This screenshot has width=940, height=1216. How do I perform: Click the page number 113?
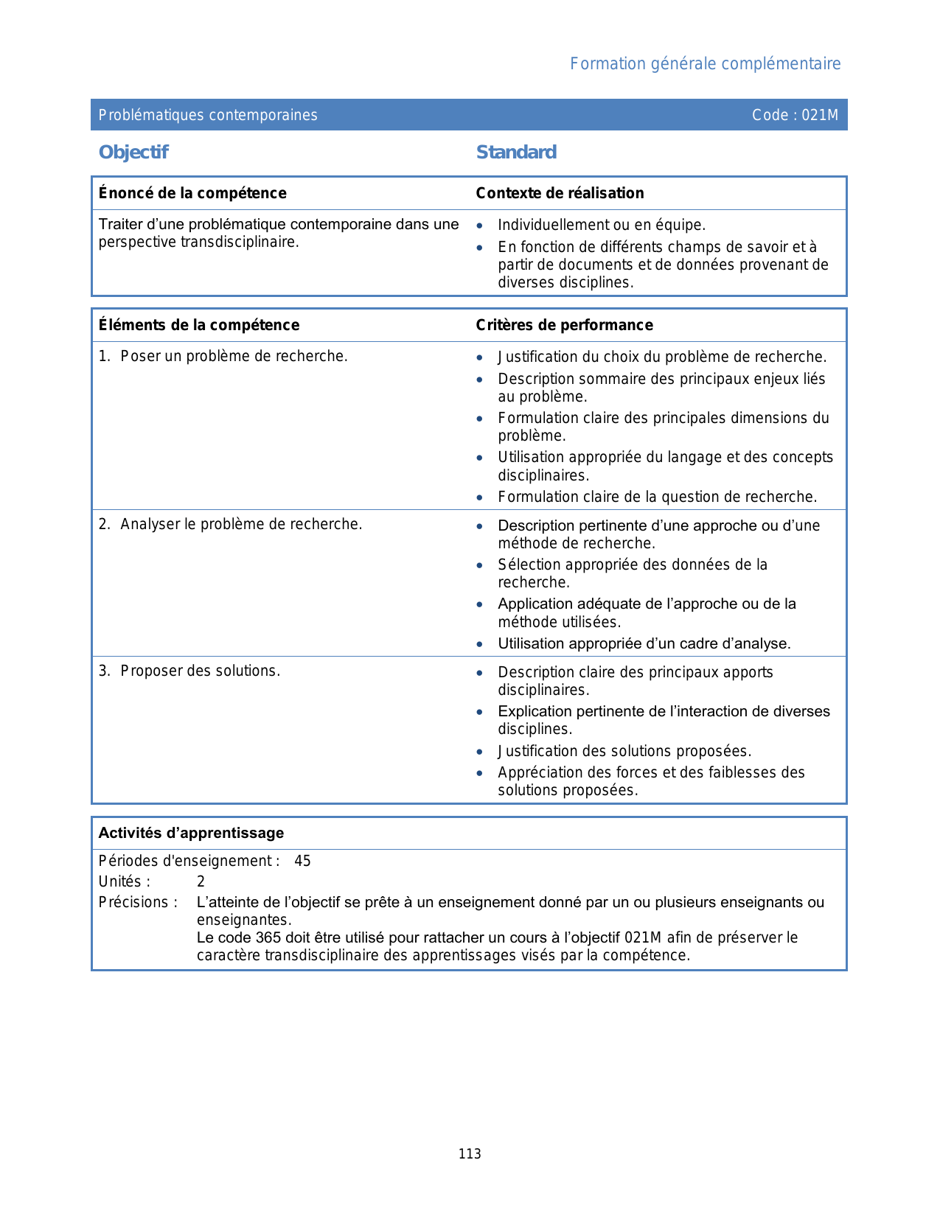[x=470, y=1154]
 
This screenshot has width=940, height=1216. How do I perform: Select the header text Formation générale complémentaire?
[x=705, y=64]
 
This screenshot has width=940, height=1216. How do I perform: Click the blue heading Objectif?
[x=133, y=153]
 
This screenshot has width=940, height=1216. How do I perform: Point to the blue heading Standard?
[x=516, y=153]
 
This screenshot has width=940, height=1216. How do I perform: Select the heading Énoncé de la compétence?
[x=192, y=193]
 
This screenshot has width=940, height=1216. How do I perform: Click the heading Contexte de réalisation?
[x=560, y=193]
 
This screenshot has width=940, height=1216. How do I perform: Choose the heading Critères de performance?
[x=564, y=325]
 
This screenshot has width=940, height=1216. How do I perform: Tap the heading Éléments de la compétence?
[x=199, y=325]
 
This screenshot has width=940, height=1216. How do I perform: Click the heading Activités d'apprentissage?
[x=191, y=833]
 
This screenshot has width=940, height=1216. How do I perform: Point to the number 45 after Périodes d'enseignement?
[x=302, y=861]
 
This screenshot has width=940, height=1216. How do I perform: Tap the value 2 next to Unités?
[x=201, y=881]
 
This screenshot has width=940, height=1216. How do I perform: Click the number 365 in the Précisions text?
[x=268, y=937]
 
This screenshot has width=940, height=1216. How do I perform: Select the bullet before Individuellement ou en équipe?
[x=480, y=226]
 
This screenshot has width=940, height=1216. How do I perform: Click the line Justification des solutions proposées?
[x=624, y=751]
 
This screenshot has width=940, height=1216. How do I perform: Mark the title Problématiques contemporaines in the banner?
[x=208, y=115]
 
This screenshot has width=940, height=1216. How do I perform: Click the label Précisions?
[x=137, y=902]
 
